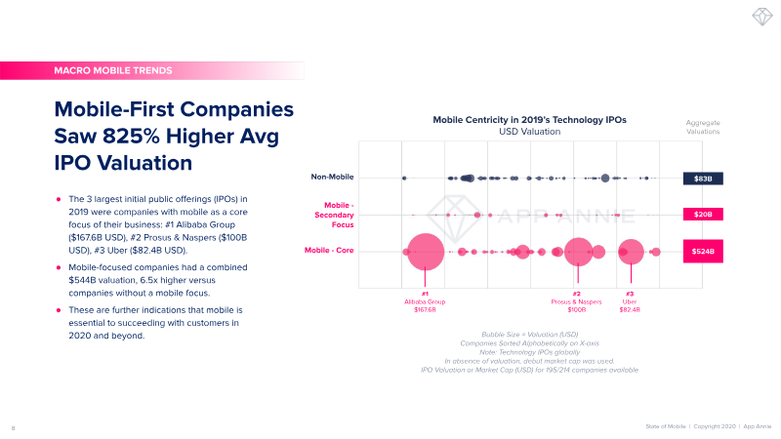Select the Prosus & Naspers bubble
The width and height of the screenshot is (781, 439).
click(x=578, y=252)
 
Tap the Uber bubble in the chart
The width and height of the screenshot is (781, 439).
click(x=631, y=252)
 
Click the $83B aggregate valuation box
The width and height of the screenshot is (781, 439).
click(x=703, y=179)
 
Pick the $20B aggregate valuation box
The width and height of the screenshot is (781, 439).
click(x=703, y=214)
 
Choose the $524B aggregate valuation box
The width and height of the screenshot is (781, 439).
click(x=703, y=252)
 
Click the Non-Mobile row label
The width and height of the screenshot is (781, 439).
click(x=332, y=178)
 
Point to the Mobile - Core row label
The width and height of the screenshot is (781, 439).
click(x=329, y=251)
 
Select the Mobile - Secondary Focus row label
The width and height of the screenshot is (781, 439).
click(x=332, y=214)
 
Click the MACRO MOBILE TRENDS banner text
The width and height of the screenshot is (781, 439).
click(x=114, y=70)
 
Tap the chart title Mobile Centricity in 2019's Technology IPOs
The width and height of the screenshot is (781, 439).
click(x=529, y=119)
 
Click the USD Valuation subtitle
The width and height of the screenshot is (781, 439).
click(x=529, y=131)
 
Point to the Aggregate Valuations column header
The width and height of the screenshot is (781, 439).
click(x=703, y=127)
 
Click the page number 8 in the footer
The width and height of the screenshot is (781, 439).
click(x=13, y=427)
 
